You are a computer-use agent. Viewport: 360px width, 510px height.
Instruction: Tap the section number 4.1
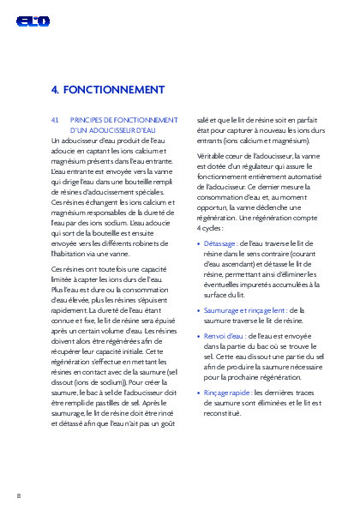[56, 120]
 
